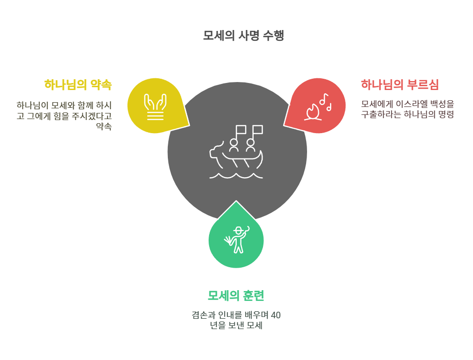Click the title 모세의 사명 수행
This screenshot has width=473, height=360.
click(x=243, y=36)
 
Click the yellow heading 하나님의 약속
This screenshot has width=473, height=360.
click(x=78, y=85)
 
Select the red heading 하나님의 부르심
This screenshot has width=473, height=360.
click(x=399, y=85)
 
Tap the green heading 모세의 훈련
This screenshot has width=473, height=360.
click(x=236, y=296)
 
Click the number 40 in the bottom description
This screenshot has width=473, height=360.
click(x=276, y=315)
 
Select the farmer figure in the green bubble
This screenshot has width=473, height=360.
click(x=238, y=240)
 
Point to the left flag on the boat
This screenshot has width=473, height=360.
click(x=240, y=130)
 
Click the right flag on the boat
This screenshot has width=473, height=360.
click(x=257, y=130)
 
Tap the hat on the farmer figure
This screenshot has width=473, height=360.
click(x=238, y=230)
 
